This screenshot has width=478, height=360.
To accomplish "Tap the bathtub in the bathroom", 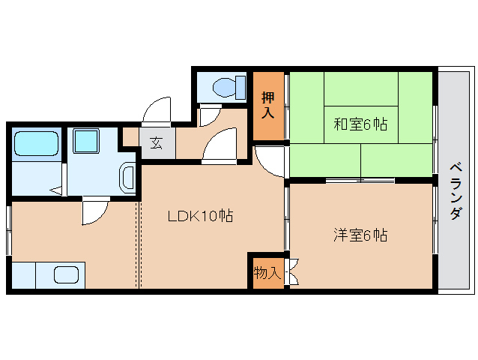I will tap(36, 142).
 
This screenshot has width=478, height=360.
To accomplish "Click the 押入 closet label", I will tap(267, 105).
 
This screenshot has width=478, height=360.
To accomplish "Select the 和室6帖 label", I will tap(360, 124).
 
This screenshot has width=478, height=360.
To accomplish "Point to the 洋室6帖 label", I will tap(360, 235).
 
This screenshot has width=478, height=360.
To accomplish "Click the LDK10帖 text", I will tap(200, 217).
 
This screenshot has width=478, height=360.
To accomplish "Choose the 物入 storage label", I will tap(266, 272).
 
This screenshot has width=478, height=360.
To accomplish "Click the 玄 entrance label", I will tap(156, 142).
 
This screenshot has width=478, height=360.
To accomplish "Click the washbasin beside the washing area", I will tap(128, 178).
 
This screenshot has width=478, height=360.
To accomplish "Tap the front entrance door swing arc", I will tap(159, 111).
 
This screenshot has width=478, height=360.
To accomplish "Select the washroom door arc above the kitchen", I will tap(95, 211).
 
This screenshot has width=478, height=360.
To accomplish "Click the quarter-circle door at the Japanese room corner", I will tap(270, 160).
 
